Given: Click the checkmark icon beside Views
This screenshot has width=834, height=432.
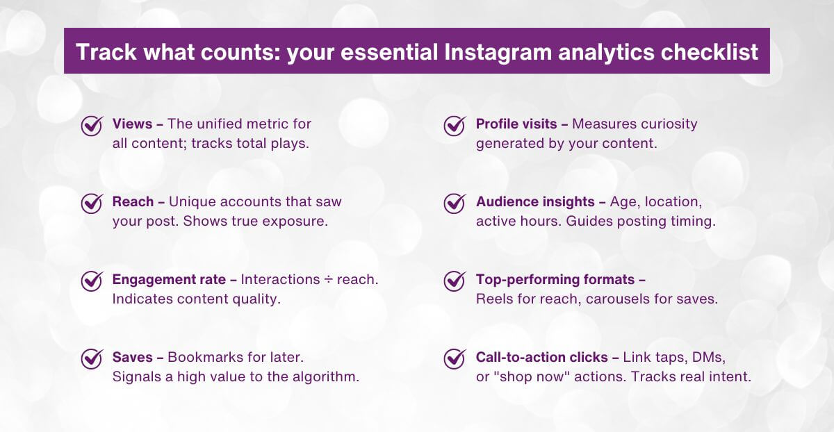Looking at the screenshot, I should coord(92,126).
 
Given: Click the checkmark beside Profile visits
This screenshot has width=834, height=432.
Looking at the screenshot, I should coord(455,126).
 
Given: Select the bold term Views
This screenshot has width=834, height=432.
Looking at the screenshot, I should coord(133,124).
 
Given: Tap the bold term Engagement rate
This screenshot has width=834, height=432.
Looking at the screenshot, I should coord(169,280).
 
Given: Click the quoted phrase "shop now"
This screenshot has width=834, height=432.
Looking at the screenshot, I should coord(532,377).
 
